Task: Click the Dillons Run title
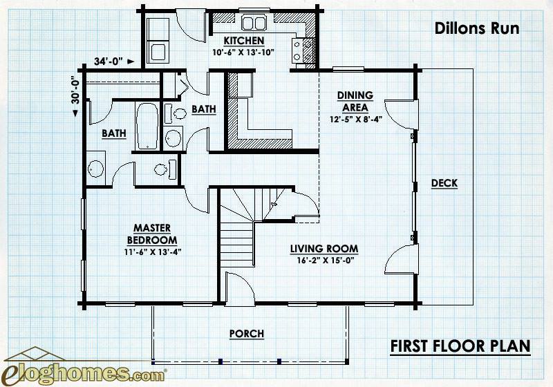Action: (x=477, y=28)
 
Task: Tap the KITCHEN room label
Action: (x=244, y=41)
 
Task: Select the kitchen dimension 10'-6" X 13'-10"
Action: (x=243, y=52)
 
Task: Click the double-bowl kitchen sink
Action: (x=254, y=23)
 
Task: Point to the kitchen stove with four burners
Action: (x=303, y=50)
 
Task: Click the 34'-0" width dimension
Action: (x=109, y=62)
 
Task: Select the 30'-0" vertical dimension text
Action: (x=75, y=91)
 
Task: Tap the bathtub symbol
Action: (x=147, y=126)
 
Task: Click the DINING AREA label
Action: (x=355, y=101)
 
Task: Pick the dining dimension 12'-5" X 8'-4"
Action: (x=356, y=119)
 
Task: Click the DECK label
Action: (x=444, y=183)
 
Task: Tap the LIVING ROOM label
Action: (x=324, y=249)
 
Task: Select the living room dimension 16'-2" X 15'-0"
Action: (x=325, y=261)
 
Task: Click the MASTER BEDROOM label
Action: (x=152, y=234)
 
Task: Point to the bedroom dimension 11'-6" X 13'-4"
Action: (x=153, y=252)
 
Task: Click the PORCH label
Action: (x=247, y=333)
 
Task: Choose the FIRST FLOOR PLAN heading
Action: (x=460, y=346)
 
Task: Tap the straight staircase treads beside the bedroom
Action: (x=237, y=244)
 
